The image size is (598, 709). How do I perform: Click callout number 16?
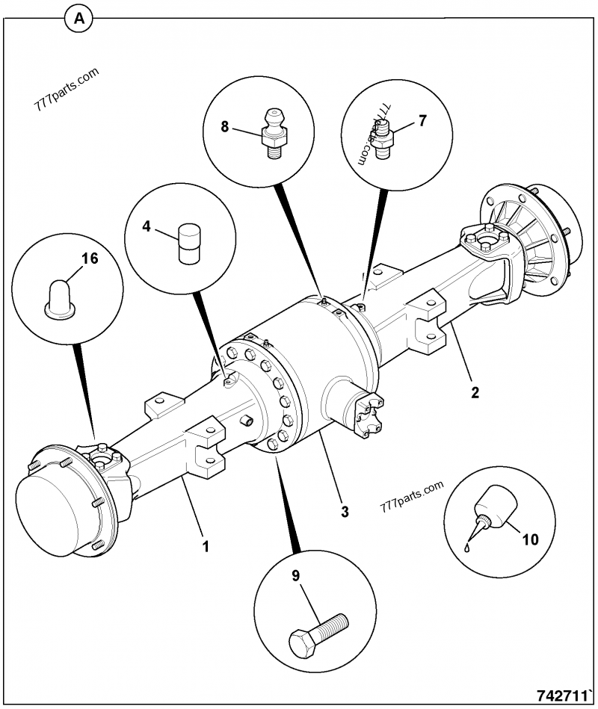pyautogui.click(x=90, y=259)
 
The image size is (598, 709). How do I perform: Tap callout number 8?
pyautogui.click(x=224, y=126)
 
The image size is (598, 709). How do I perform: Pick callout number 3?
pyautogui.click(x=345, y=511)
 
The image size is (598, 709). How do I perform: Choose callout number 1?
pyautogui.click(x=205, y=546)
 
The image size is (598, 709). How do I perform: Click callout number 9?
pyautogui.click(x=295, y=575)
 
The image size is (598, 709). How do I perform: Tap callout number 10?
pyautogui.click(x=530, y=538)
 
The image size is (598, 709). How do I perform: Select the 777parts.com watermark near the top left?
pyautogui.click(x=67, y=90)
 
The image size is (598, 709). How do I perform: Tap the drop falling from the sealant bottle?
pyautogui.click(x=466, y=547)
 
